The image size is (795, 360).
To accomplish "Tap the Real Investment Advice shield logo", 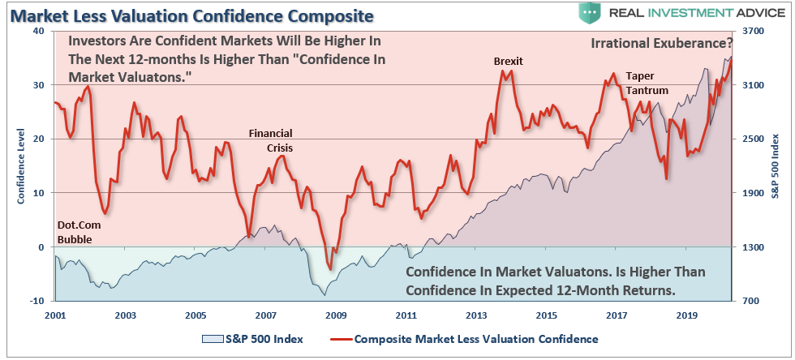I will [x=590, y=14].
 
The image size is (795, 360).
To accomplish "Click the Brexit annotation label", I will [x=509, y=62].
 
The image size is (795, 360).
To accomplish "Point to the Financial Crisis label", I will [x=270, y=141].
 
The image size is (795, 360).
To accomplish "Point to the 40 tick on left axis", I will [x=37, y=31].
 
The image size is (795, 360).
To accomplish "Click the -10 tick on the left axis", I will [x=36, y=301].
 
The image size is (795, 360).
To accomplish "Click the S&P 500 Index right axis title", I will [x=775, y=165].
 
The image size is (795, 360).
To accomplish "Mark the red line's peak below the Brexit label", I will [x=504, y=71].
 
